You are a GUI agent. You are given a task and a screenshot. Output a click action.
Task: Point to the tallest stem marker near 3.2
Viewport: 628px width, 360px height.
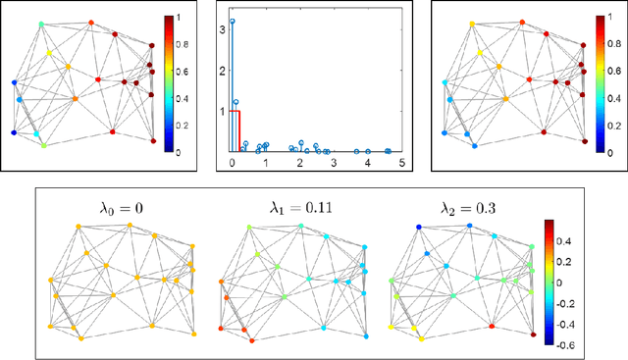pos(233,21)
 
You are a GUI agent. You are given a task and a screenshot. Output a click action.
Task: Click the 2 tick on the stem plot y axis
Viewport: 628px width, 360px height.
pos(223,70)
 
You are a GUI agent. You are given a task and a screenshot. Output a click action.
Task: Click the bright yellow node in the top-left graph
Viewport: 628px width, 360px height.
pos(69,68)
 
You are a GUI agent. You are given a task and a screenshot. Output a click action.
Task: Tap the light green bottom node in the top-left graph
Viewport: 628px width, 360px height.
pos(43,145)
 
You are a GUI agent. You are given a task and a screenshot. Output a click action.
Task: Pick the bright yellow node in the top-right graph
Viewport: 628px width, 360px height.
pos(472,23)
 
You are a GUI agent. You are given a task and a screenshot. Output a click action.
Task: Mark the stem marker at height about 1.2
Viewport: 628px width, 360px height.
pos(236,101)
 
